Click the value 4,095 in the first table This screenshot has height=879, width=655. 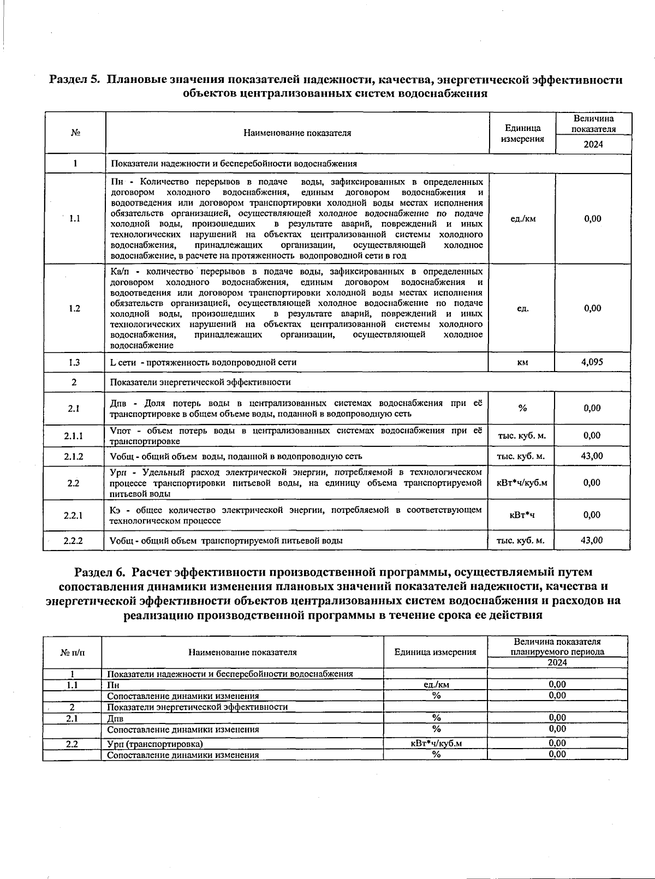(592, 362)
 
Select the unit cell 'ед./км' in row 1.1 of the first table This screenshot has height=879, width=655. (522, 219)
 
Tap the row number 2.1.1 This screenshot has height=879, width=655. (74, 436)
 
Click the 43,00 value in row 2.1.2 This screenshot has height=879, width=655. (592, 456)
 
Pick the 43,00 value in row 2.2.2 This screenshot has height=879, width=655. (592, 540)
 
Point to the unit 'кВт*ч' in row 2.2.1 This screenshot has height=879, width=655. (522, 515)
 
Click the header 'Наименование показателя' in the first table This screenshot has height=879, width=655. (297, 133)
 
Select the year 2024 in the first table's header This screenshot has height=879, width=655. (593, 145)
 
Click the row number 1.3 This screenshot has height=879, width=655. (74, 362)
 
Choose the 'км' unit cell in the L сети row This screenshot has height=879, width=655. (522, 362)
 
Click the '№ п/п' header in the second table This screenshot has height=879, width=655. (72, 652)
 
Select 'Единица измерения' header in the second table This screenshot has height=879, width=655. (435, 652)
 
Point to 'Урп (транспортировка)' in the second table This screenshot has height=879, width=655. (154, 744)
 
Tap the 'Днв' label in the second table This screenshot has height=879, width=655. (115, 719)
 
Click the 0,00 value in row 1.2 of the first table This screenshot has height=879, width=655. (592, 308)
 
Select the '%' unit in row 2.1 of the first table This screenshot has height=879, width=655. (522, 408)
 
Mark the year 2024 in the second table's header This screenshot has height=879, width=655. (557, 662)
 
